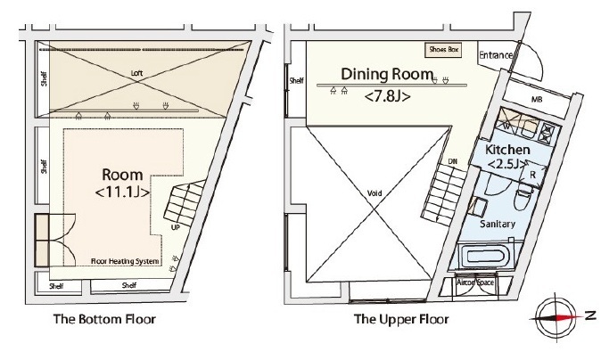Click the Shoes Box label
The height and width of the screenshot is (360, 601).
click(444, 49)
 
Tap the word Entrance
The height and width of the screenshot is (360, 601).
click(496, 55)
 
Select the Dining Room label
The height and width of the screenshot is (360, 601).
click(387, 74)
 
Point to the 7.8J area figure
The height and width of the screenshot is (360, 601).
click(388, 96)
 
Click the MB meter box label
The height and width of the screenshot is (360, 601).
click(537, 100)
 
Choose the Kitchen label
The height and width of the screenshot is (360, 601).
click(507, 150)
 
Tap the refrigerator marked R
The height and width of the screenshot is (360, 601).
click(532, 175)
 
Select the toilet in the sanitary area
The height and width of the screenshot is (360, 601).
click(523, 196)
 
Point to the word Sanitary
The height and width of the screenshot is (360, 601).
click(498, 224)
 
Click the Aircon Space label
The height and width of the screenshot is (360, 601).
click(475, 282)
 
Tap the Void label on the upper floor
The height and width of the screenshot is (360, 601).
click(375, 193)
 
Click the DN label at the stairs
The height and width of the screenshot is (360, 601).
click(453, 162)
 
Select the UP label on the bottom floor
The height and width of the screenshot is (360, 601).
click(175, 227)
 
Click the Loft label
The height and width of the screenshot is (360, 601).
click(136, 73)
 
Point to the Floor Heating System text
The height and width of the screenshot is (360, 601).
click(125, 261)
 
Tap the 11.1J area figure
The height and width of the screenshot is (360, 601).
click(122, 192)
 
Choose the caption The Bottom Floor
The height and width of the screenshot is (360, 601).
click(104, 319)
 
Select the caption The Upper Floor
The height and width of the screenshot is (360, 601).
click(401, 319)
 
